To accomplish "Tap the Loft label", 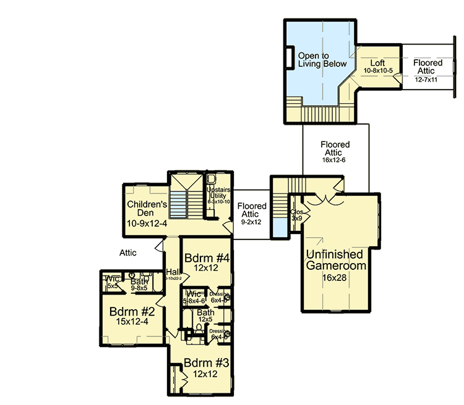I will point(378,64).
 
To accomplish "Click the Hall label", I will point(172,272).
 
